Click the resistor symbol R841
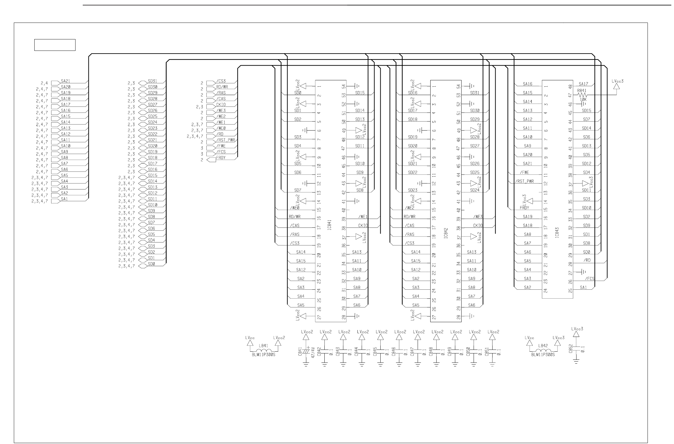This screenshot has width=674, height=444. point(582,95)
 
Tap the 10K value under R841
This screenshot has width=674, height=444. point(583,99)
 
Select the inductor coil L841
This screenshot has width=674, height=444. point(263,351)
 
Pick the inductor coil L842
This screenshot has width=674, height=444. point(544,351)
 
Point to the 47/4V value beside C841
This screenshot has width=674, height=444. point(313,352)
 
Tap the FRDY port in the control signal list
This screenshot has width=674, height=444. point(212,159)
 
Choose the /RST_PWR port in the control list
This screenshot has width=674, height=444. point(212,142)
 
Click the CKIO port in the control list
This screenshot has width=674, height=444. point(212,106)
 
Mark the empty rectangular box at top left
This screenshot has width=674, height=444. point(55,45)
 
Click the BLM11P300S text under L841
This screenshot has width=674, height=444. point(264,355)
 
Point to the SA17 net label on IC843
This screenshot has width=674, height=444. point(583,84)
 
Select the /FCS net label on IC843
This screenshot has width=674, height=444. point(589,279)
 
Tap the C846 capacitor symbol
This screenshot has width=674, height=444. point(399,350)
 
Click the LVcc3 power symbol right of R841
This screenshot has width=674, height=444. point(616,86)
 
